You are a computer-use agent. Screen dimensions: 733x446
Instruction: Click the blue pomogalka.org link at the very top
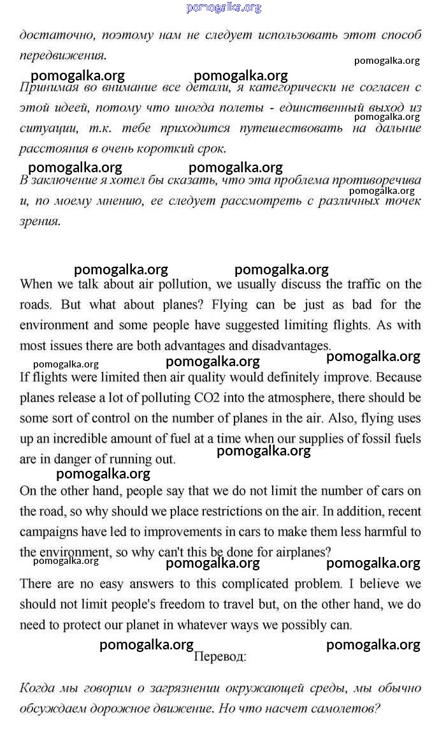[224, 8]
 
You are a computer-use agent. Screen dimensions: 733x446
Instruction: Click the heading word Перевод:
[220, 655]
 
